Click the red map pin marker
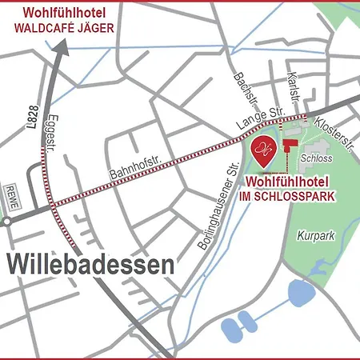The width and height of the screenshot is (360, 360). [264, 146]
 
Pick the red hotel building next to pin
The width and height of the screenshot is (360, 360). [289, 146]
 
